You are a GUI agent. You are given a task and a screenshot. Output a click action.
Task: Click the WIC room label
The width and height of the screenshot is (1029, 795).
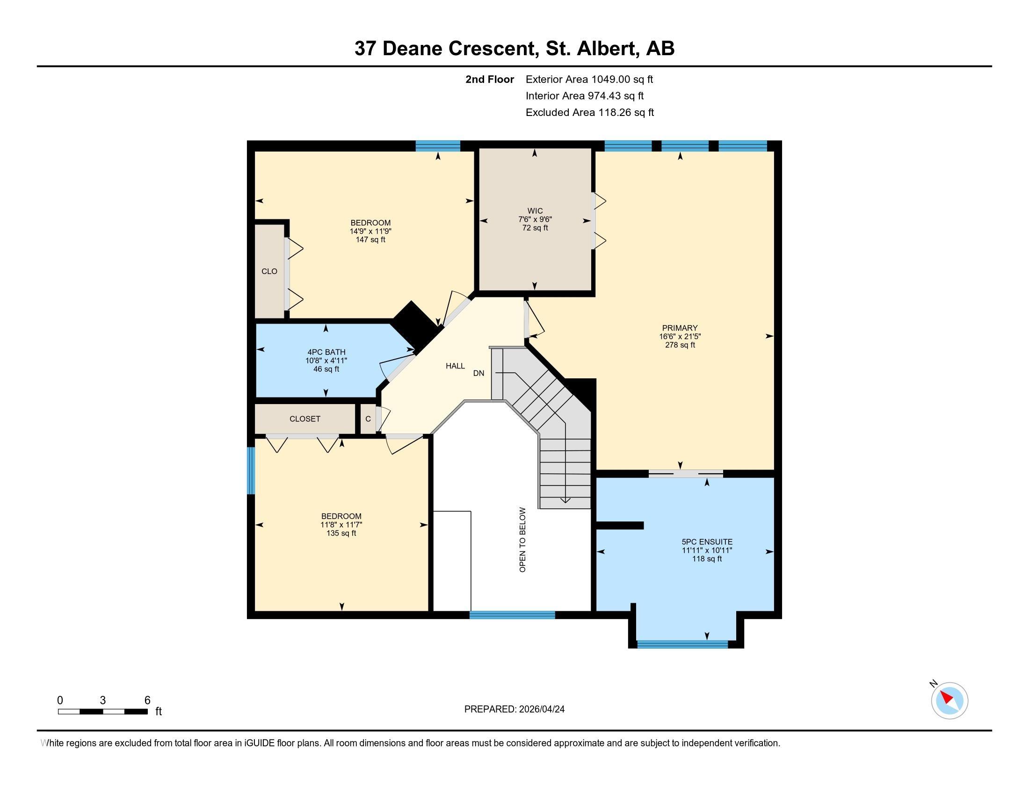click(535, 211)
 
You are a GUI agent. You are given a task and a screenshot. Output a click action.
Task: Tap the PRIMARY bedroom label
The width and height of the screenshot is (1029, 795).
click(680, 328)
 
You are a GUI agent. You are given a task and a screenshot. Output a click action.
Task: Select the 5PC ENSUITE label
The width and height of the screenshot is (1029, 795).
click(707, 542)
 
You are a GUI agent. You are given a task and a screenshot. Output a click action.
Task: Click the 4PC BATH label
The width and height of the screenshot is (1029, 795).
click(326, 352)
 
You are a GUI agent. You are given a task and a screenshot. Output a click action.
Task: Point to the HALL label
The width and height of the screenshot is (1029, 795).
click(455, 366)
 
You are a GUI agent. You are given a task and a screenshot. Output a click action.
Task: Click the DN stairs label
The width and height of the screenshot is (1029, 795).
click(478, 373)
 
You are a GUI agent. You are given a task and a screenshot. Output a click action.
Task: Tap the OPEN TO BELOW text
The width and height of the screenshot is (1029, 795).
click(522, 539)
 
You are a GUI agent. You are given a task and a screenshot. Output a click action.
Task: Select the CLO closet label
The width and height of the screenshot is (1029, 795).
click(269, 271)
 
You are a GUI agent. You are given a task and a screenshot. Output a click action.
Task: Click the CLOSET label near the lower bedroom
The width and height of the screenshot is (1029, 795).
click(305, 419)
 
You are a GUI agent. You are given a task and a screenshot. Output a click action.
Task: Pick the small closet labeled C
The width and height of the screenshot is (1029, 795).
click(368, 419)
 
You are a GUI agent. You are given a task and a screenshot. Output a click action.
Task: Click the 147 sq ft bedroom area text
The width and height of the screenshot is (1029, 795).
click(370, 240)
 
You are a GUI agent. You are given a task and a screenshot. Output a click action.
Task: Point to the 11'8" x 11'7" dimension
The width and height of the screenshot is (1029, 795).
click(341, 525)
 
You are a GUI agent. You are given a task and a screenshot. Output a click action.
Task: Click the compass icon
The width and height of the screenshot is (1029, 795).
click(949, 701)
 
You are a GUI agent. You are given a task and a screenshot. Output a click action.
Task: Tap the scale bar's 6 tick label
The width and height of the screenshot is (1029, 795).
click(147, 700)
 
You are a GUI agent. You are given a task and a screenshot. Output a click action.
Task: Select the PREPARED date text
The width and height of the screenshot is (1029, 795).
click(514, 709)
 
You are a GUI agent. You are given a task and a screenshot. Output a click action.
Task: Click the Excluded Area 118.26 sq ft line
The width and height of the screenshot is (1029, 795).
click(589, 112)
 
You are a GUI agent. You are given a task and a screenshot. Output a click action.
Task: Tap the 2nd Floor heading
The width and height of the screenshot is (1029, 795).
click(489, 79)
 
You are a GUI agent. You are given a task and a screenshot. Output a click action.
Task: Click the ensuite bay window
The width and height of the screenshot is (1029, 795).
click(682, 644)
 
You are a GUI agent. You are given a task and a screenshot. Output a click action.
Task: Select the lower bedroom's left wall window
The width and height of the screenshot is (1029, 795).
click(251, 470)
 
